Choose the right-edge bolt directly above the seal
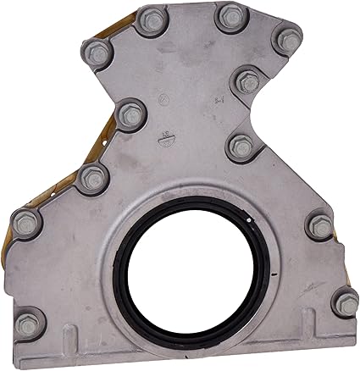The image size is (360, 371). coord(241,147)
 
